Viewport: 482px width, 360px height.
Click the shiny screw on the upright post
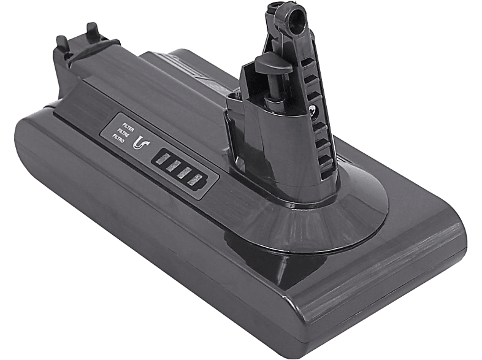[313, 110]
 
